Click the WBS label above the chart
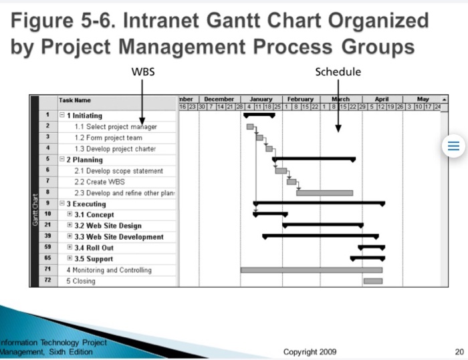(143, 72)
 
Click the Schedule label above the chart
(338, 72)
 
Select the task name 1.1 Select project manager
(116, 127)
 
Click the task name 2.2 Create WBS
(100, 182)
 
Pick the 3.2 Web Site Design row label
(108, 226)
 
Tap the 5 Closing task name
(80, 281)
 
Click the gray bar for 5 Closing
(373, 281)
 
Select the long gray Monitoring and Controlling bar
(311, 270)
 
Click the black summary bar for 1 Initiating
(259, 116)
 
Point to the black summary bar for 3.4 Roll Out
(371, 247)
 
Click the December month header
(219, 99)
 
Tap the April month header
(382, 99)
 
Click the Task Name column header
(75, 100)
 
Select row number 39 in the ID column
(48, 236)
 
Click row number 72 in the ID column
(48, 281)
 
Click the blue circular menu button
(453, 147)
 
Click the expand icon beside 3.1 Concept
(70, 214)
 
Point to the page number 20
(459, 352)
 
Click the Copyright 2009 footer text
(310, 352)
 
